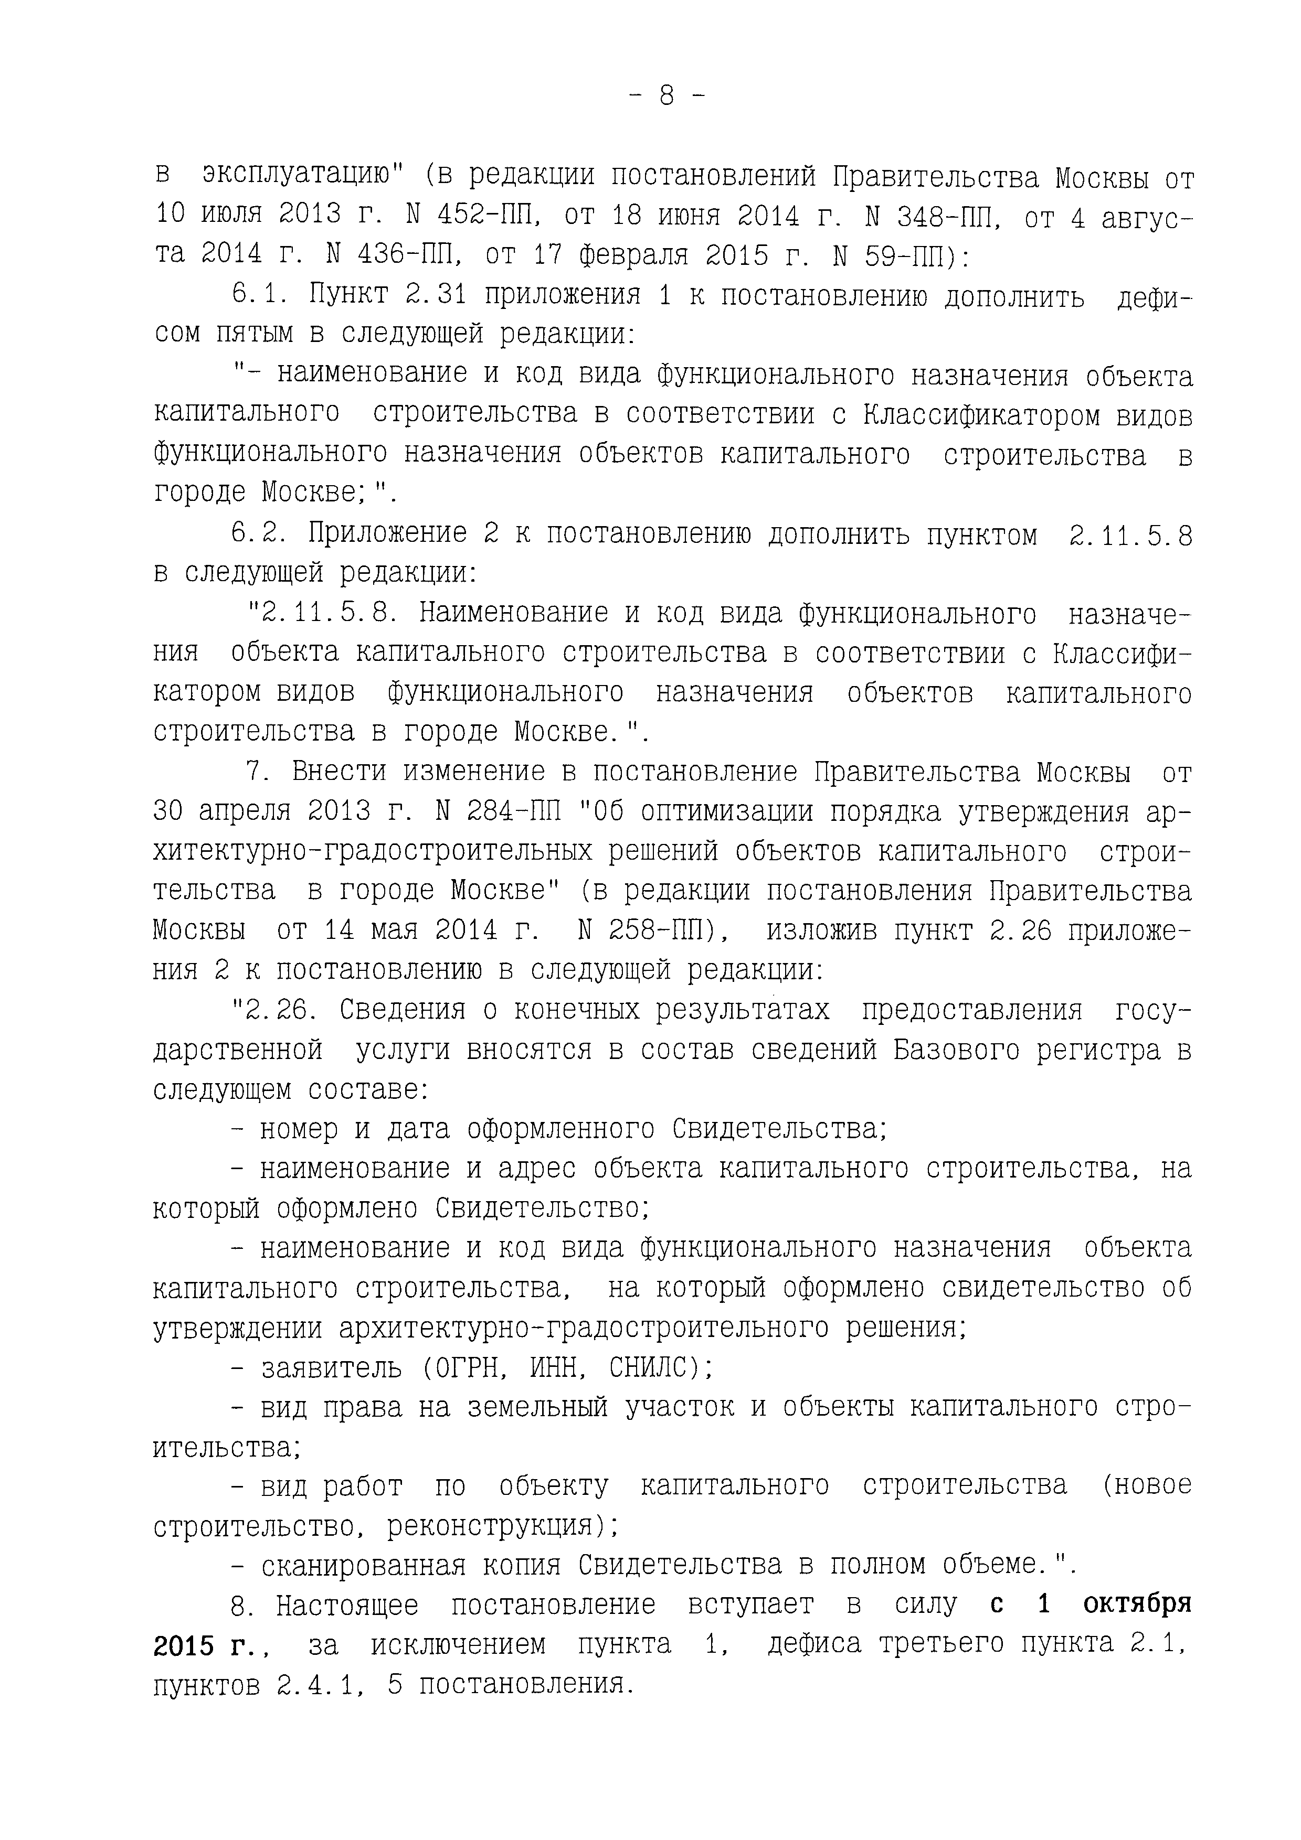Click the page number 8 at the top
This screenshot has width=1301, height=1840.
pos(666,96)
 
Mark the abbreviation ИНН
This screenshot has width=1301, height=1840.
pos(559,1367)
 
